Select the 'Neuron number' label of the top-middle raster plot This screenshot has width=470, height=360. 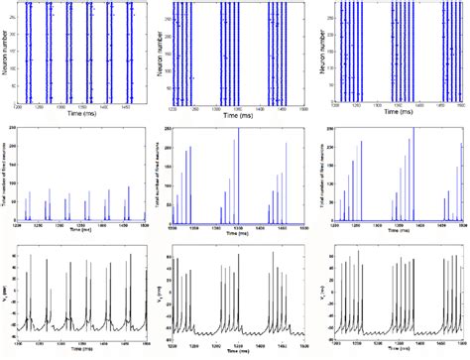(x=165, y=51)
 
